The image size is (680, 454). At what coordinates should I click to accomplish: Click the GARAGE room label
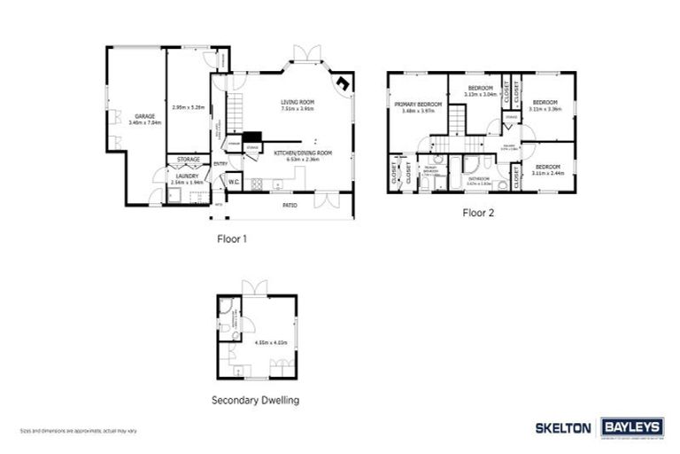coord(139,116)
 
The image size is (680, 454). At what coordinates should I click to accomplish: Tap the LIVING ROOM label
coord(297,103)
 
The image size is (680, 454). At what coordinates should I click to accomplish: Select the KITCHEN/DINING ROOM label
coord(303,153)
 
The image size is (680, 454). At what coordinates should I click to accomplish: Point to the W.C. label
coord(233,182)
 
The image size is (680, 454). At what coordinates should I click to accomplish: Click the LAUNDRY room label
coord(187,176)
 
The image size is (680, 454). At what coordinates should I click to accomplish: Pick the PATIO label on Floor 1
coord(290,206)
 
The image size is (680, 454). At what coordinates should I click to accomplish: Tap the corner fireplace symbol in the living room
coord(342,82)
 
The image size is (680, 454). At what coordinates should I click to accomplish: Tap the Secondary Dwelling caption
coord(255,400)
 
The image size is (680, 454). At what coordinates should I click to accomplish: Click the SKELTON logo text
coord(563,427)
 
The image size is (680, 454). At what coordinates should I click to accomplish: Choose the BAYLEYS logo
coord(632,427)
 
